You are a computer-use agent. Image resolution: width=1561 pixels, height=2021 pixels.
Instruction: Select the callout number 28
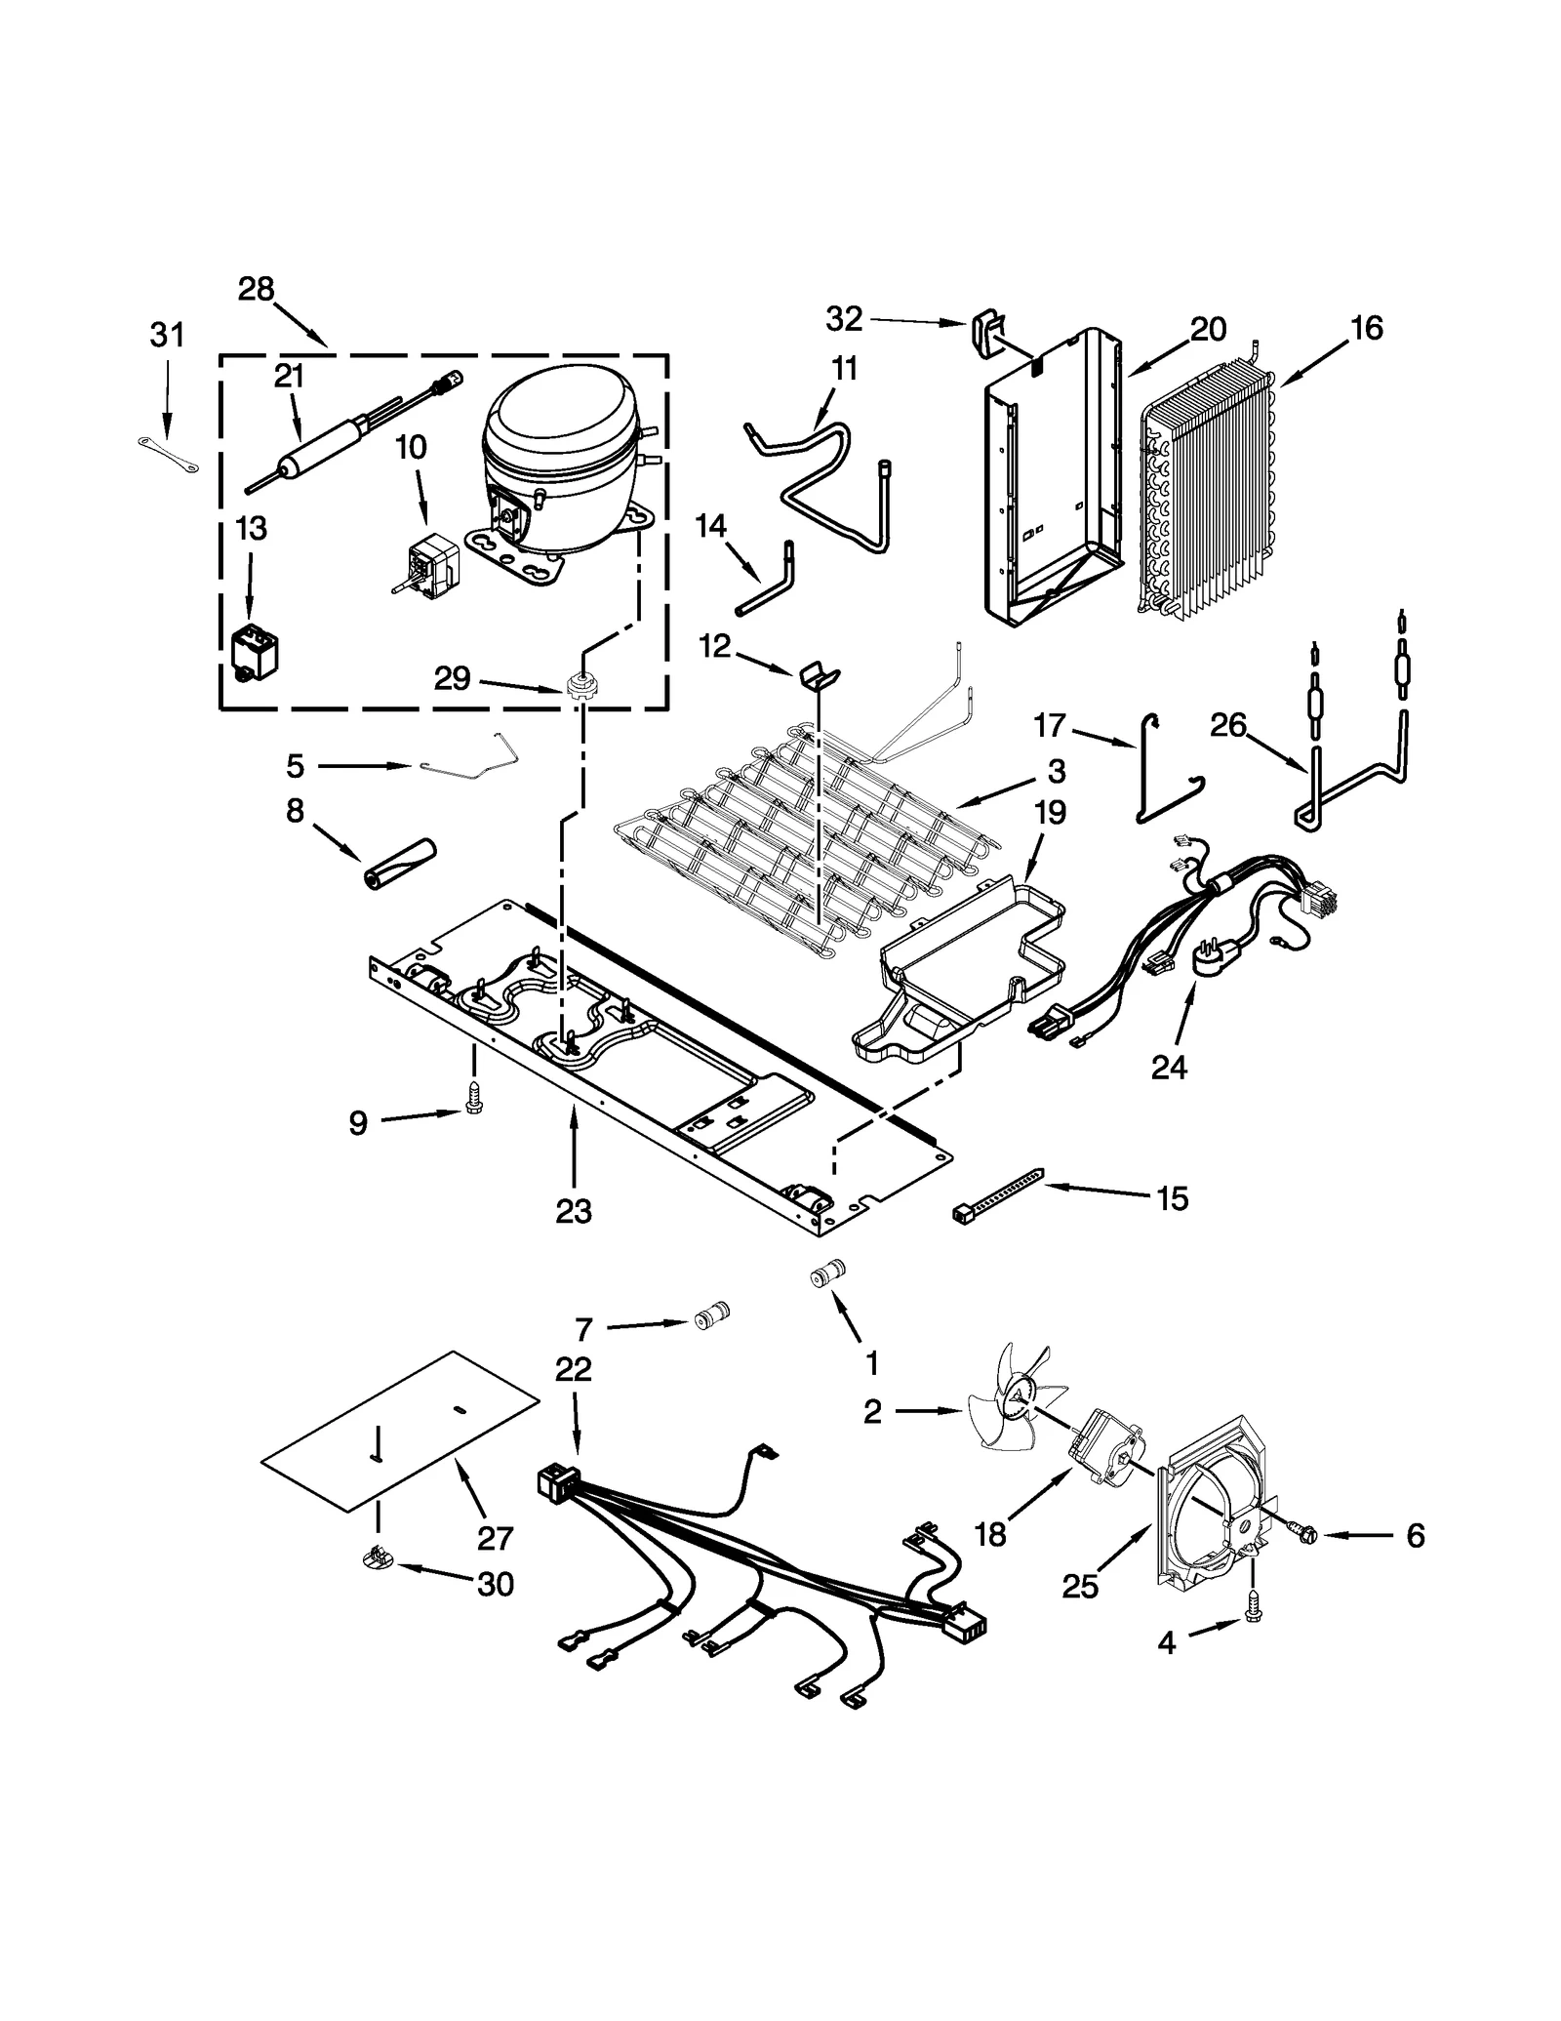click(x=257, y=290)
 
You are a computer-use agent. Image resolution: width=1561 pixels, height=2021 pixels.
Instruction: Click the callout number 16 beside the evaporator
click(x=1367, y=329)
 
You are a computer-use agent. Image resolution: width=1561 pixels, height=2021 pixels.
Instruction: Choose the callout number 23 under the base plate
click(x=574, y=1211)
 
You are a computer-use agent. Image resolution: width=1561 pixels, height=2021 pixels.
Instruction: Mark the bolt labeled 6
click(x=1301, y=1534)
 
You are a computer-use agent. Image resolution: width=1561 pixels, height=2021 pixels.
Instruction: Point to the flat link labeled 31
click(x=167, y=456)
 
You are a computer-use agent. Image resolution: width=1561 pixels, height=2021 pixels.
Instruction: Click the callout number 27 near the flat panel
click(x=495, y=1539)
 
